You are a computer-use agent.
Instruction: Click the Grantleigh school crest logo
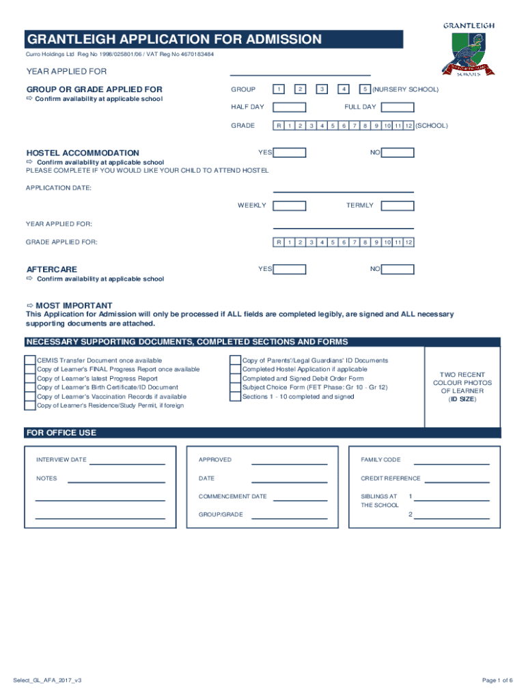pyautogui.click(x=469, y=52)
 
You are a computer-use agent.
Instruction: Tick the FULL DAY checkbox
pyautogui.click(x=398, y=107)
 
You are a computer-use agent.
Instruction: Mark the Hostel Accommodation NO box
pyautogui.click(x=398, y=153)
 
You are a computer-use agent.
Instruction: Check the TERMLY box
pyautogui.click(x=398, y=205)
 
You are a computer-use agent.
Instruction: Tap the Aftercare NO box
pyautogui.click(x=398, y=269)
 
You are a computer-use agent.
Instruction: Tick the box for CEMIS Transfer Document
pyautogui.click(x=30, y=360)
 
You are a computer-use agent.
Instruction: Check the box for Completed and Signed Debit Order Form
pyautogui.click(x=236, y=378)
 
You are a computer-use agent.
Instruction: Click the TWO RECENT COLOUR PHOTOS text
pyautogui.click(x=462, y=383)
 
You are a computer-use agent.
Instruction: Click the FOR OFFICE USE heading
pyautogui.click(x=61, y=433)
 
